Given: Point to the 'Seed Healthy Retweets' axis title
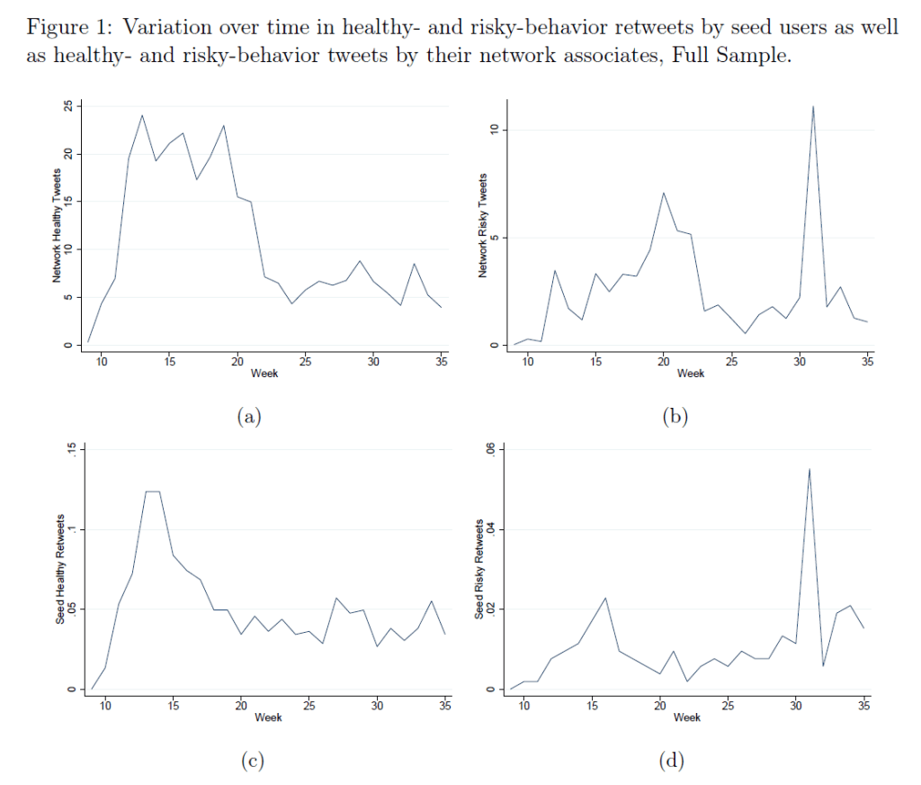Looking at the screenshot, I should (60, 571).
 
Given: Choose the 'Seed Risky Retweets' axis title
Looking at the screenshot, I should (480, 569).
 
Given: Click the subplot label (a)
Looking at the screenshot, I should (247, 416).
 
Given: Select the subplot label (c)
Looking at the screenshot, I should (251, 762).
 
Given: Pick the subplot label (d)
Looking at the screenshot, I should (671, 762).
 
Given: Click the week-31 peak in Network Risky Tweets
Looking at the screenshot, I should (813, 106).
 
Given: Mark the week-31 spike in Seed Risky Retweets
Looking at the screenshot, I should (809, 468).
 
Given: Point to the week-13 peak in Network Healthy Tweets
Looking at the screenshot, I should (142, 114).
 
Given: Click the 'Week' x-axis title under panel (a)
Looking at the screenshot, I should (264, 374).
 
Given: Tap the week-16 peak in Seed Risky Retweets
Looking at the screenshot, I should (606, 598).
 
